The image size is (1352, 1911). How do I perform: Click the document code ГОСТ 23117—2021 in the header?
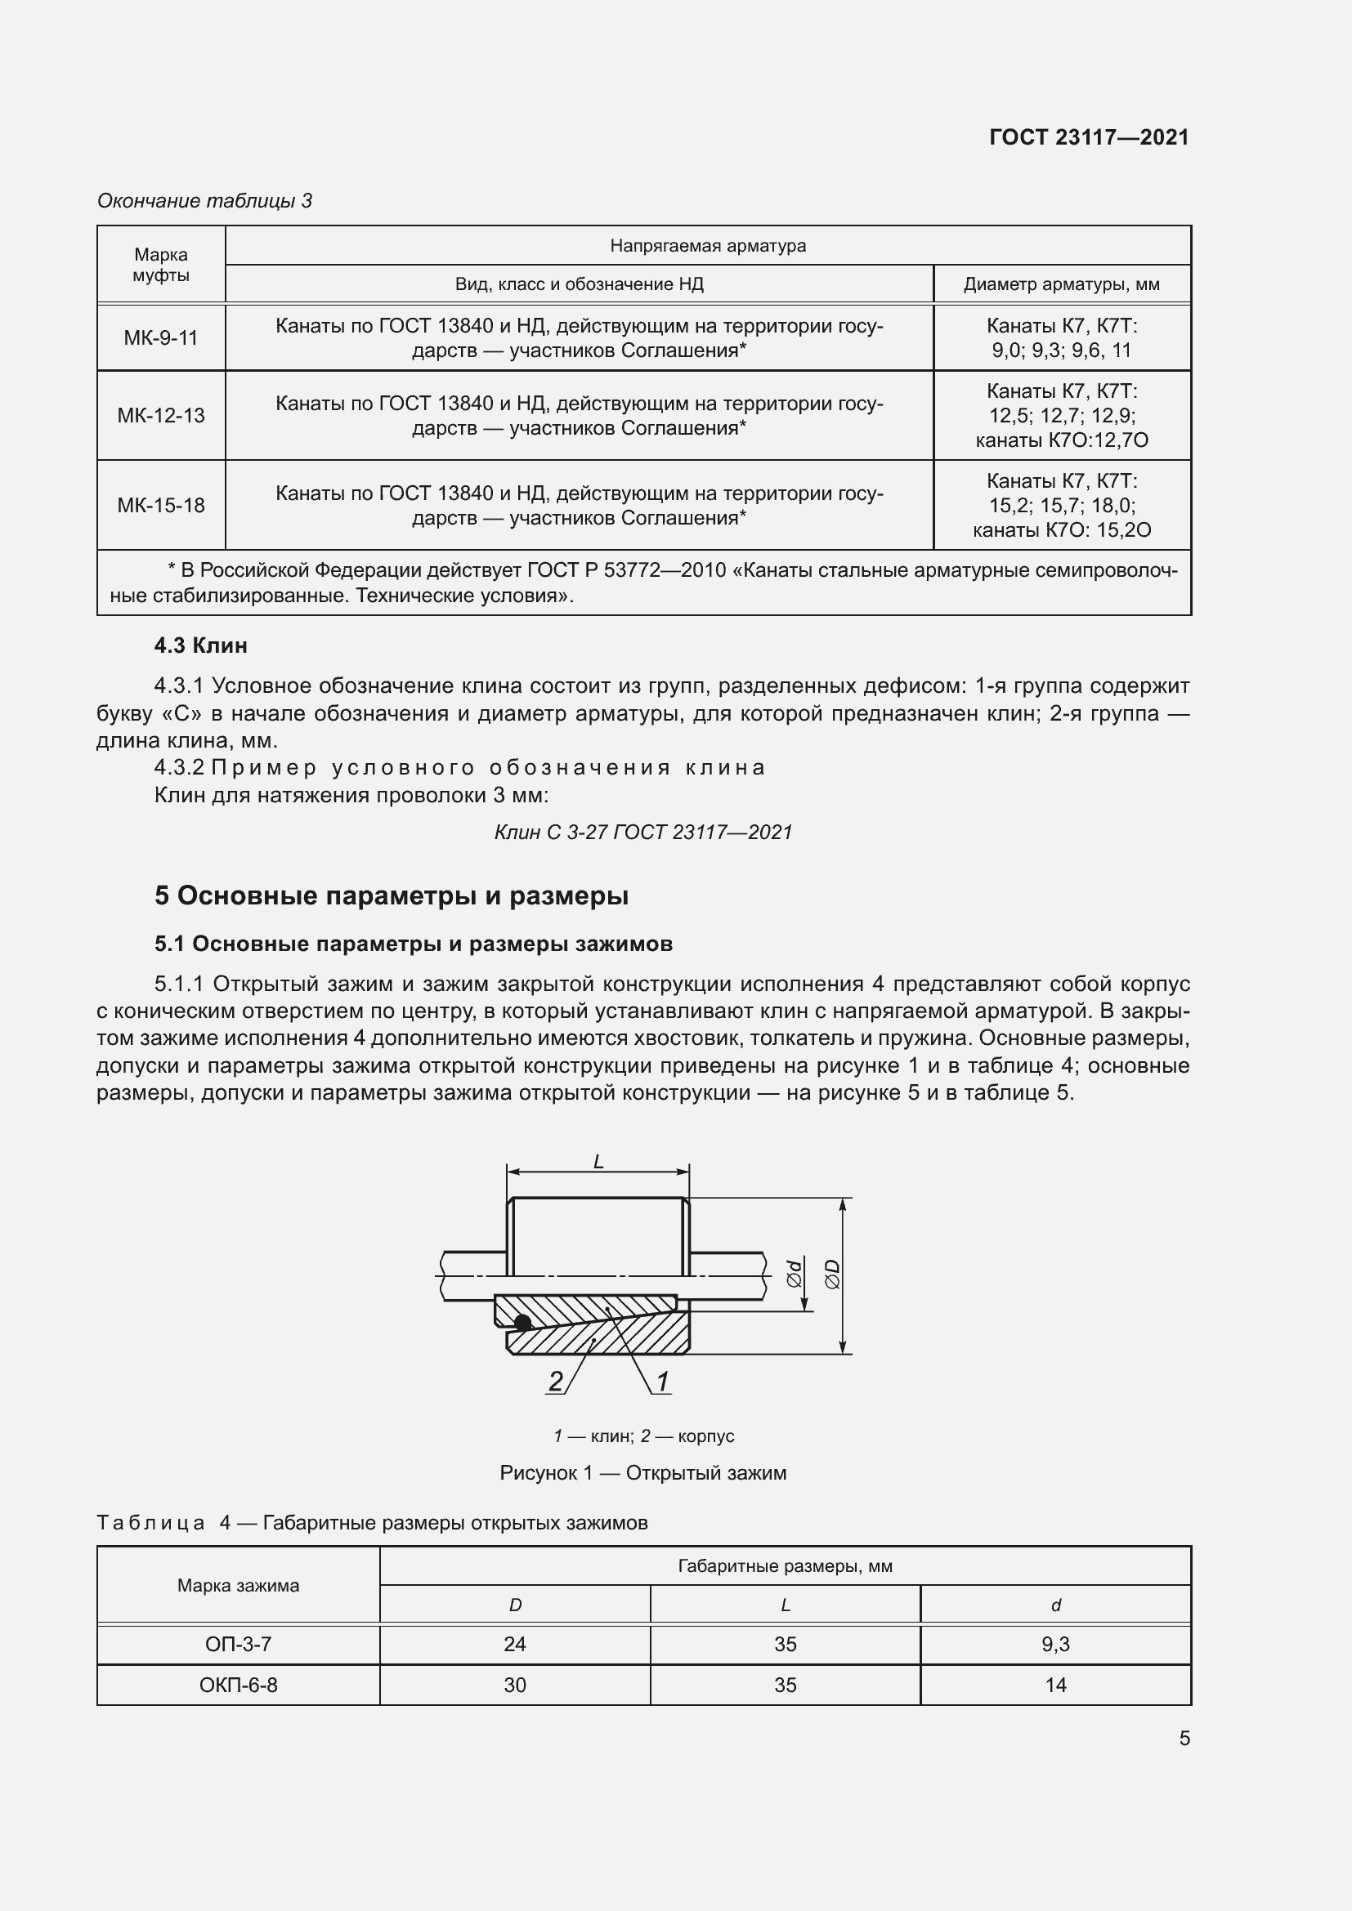pyautogui.click(x=1089, y=137)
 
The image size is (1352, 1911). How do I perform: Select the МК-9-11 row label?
pyautogui.click(x=161, y=338)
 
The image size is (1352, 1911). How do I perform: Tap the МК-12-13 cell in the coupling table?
pyautogui.click(x=161, y=415)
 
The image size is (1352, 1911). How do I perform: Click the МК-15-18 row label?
pyautogui.click(x=161, y=505)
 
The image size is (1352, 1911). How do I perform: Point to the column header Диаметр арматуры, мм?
pyautogui.click(x=1062, y=284)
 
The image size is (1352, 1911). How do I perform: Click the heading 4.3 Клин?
pyautogui.click(x=200, y=645)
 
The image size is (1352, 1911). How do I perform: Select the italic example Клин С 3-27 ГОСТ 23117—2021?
pyautogui.click(x=642, y=832)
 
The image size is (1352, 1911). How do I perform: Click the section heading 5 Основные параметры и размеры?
pyautogui.click(x=392, y=895)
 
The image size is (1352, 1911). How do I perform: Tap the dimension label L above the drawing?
pyautogui.click(x=598, y=1162)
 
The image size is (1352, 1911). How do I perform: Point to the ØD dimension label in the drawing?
pyautogui.click(x=832, y=1275)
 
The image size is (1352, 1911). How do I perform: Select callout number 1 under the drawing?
pyautogui.click(x=663, y=1382)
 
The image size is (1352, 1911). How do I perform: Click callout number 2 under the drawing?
pyautogui.click(x=555, y=1382)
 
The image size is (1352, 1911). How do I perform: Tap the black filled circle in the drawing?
pyautogui.click(x=523, y=1323)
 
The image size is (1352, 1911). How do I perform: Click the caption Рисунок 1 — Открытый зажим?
pyautogui.click(x=642, y=1473)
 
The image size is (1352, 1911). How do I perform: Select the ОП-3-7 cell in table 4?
pyautogui.click(x=238, y=1644)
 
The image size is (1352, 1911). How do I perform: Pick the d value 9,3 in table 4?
pyautogui.click(x=1054, y=1644)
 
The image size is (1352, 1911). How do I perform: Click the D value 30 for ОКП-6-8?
pyautogui.click(x=514, y=1685)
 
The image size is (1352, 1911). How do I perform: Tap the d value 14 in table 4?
pyautogui.click(x=1054, y=1685)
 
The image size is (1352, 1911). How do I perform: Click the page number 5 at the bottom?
pyautogui.click(x=1184, y=1738)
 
